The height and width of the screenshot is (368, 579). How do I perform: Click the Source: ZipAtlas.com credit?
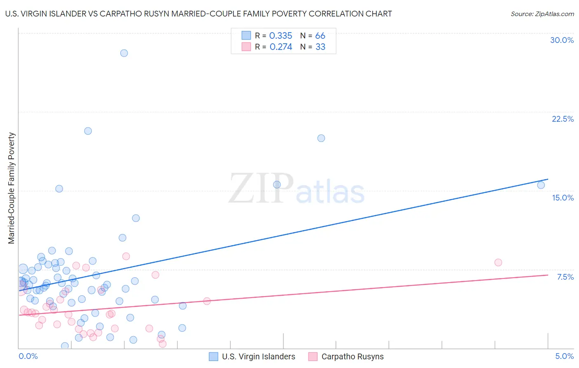[x=542, y=14]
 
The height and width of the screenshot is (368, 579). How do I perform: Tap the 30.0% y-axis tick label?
[x=562, y=40]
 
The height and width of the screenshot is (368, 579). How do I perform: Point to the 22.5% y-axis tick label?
[x=563, y=119]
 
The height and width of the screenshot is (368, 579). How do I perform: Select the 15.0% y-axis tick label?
[x=563, y=198]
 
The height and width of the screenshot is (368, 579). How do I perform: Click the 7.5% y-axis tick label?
[x=565, y=277]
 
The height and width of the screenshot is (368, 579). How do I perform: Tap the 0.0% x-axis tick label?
[x=28, y=356]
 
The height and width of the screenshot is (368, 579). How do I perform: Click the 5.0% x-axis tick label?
[x=564, y=356]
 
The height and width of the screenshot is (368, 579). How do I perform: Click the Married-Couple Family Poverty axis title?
[x=12, y=188]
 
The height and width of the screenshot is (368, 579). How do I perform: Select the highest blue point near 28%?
[x=124, y=53]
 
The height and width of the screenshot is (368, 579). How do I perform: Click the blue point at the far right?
[x=541, y=185]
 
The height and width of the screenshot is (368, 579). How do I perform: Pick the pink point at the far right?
[x=498, y=262]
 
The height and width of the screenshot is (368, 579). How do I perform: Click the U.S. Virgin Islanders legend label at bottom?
[x=259, y=356]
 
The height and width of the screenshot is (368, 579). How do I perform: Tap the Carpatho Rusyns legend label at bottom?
[x=353, y=356]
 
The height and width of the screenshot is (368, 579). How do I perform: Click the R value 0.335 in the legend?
[x=280, y=36]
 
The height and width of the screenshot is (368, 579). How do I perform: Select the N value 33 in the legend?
[x=320, y=47]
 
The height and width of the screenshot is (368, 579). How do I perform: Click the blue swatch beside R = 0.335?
[x=246, y=35]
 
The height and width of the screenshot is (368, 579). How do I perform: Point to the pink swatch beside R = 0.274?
[x=246, y=47]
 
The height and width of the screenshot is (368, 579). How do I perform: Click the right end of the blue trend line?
[x=548, y=179]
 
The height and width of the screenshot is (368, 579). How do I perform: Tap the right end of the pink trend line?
[x=548, y=275]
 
